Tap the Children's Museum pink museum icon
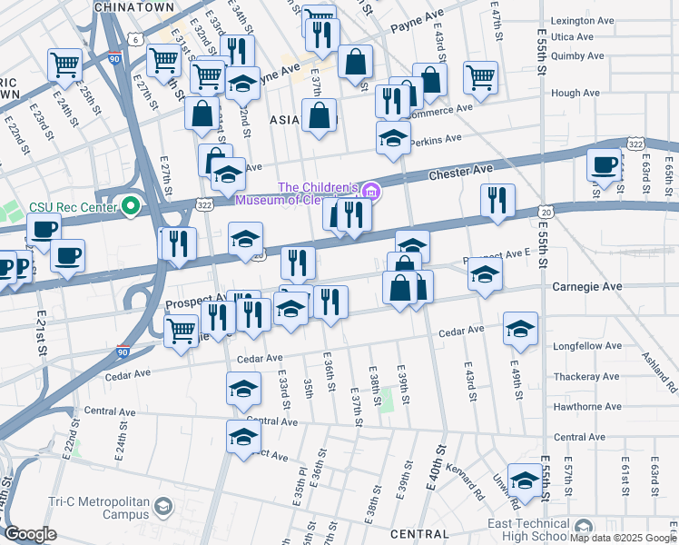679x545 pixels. point(369,192)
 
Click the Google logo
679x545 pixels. point(31,534)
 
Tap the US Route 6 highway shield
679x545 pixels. point(134,39)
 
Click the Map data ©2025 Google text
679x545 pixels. point(623,538)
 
